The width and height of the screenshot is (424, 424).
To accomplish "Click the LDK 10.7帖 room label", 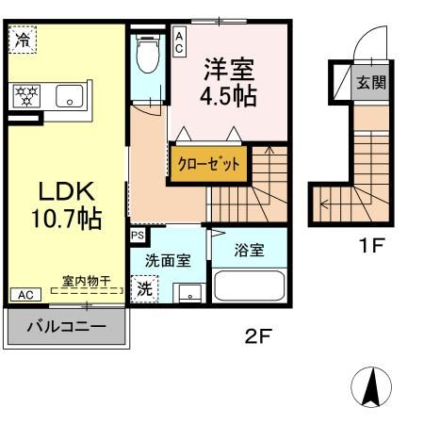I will (x=65, y=204).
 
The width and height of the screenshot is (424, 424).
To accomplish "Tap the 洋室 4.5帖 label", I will (x=226, y=84).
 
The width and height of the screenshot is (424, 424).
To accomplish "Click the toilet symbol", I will (x=147, y=57).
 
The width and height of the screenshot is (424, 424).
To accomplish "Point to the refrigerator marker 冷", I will (x=21, y=40).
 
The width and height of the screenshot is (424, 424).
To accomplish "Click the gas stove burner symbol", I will (x=25, y=94).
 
